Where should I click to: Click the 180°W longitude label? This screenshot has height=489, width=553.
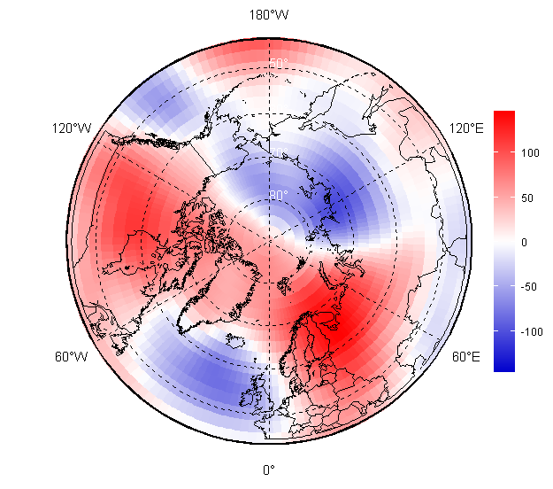pos(268,15)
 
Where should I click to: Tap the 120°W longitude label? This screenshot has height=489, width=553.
pos(72,128)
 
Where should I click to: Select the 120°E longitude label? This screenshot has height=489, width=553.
pos(467,128)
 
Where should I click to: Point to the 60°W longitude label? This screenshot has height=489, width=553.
pos(72,357)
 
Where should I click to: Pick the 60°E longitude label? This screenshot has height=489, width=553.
pos(466,357)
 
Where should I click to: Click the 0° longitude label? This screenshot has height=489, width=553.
pos(268,470)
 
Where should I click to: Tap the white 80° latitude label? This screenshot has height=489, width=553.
pos(278,196)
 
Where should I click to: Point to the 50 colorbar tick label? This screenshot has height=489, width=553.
pos(527,198)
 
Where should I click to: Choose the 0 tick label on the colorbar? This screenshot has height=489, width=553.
pos(525,242)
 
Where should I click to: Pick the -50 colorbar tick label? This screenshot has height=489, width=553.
pos(529,287)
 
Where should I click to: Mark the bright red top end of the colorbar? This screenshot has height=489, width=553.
pos(503,115)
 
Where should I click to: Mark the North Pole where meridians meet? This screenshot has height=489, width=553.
pos(268,242)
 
